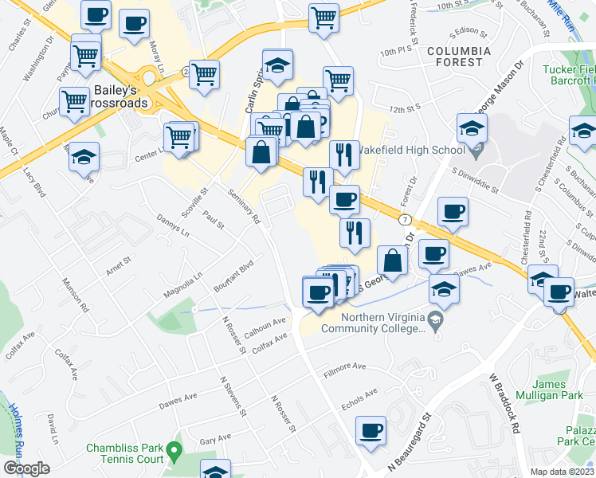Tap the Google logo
[x=26, y=468]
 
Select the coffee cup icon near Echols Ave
[x=371, y=431]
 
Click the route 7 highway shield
[x=406, y=219]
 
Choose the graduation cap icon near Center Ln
[x=84, y=157]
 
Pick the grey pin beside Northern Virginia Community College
[x=435, y=322]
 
